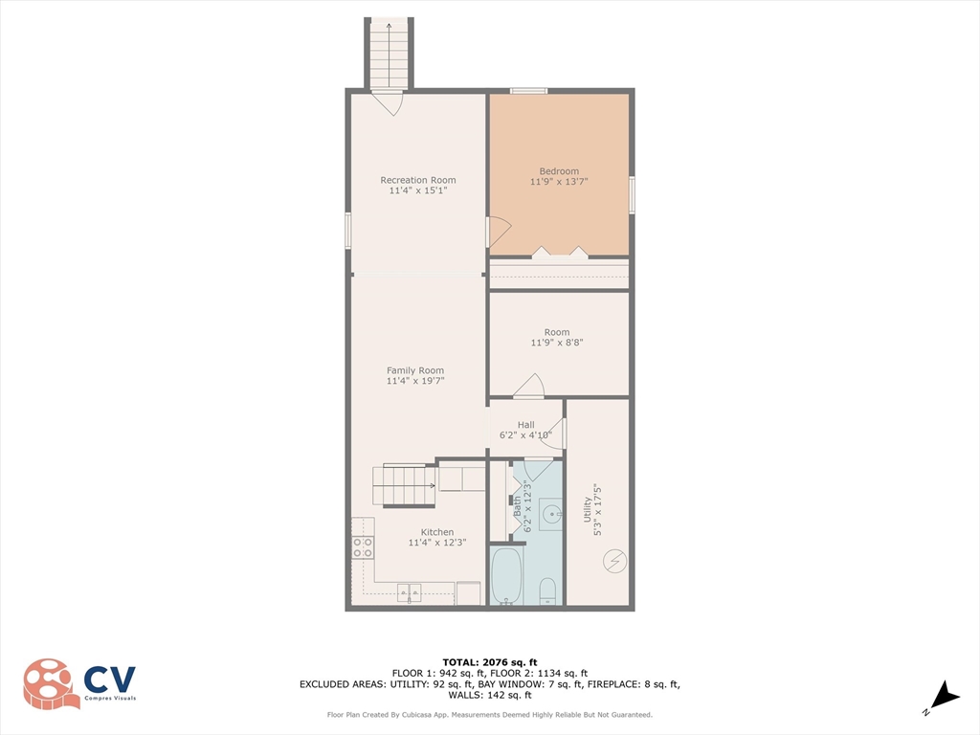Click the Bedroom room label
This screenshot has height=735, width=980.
[559, 171]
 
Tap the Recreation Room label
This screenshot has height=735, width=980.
[418, 180]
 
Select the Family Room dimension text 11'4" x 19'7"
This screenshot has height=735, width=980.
[415, 381]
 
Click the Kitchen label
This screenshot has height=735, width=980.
[436, 532]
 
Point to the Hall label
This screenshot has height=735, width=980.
[525, 425]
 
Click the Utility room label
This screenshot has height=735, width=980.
[587, 509]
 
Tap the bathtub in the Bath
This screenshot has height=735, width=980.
[505, 576]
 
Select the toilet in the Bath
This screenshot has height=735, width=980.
[547, 591]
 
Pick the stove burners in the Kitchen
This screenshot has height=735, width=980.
[363, 548]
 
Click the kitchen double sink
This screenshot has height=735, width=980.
[410, 593]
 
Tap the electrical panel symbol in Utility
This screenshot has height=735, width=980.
[614, 561]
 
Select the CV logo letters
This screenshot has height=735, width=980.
[110, 679]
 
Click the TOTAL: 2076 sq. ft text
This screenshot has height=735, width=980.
[490, 662]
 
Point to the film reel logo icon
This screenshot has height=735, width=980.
[50, 683]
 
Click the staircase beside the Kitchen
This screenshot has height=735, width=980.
[405, 485]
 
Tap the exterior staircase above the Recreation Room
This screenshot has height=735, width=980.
[389, 55]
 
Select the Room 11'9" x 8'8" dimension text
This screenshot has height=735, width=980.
[557, 343]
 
